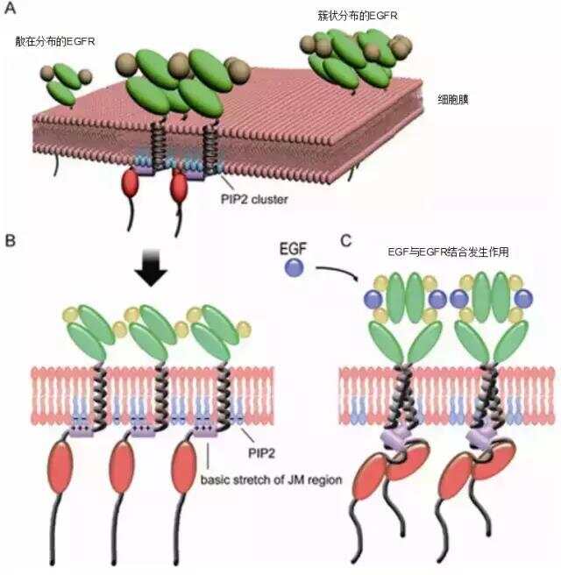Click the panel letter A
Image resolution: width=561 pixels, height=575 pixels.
(10, 7)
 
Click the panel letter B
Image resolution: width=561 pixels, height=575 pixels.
(10, 240)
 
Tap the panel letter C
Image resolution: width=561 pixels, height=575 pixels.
(345, 241)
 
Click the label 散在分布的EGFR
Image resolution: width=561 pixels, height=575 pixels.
(55, 41)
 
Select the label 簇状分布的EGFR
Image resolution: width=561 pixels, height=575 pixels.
(358, 16)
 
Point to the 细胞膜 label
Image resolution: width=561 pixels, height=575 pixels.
(453, 99)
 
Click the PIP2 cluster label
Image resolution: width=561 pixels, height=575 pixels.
(254, 199)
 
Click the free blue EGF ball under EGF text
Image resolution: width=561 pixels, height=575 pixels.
(294, 267)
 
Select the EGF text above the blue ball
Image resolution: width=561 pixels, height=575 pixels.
(293, 249)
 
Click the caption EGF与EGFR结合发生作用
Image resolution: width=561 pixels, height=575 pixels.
(448, 252)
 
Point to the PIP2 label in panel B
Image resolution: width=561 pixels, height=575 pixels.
(261, 453)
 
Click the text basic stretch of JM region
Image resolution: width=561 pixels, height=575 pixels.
(272, 479)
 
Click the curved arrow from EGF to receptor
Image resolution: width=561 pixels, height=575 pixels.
(337, 272)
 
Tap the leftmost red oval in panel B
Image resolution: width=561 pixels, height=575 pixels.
(60, 467)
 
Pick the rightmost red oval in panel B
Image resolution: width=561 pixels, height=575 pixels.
(184, 467)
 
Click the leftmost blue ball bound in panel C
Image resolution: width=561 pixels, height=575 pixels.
(373, 299)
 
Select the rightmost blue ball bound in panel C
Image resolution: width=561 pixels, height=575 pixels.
(523, 299)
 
